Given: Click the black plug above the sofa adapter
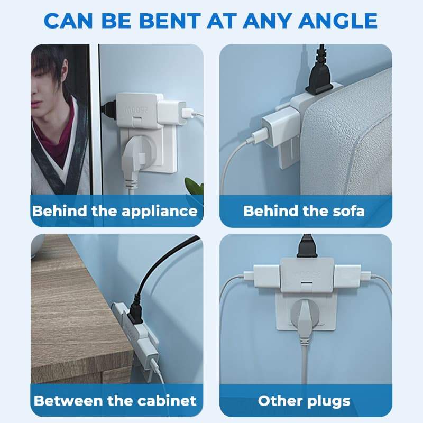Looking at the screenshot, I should tap(320, 79).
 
